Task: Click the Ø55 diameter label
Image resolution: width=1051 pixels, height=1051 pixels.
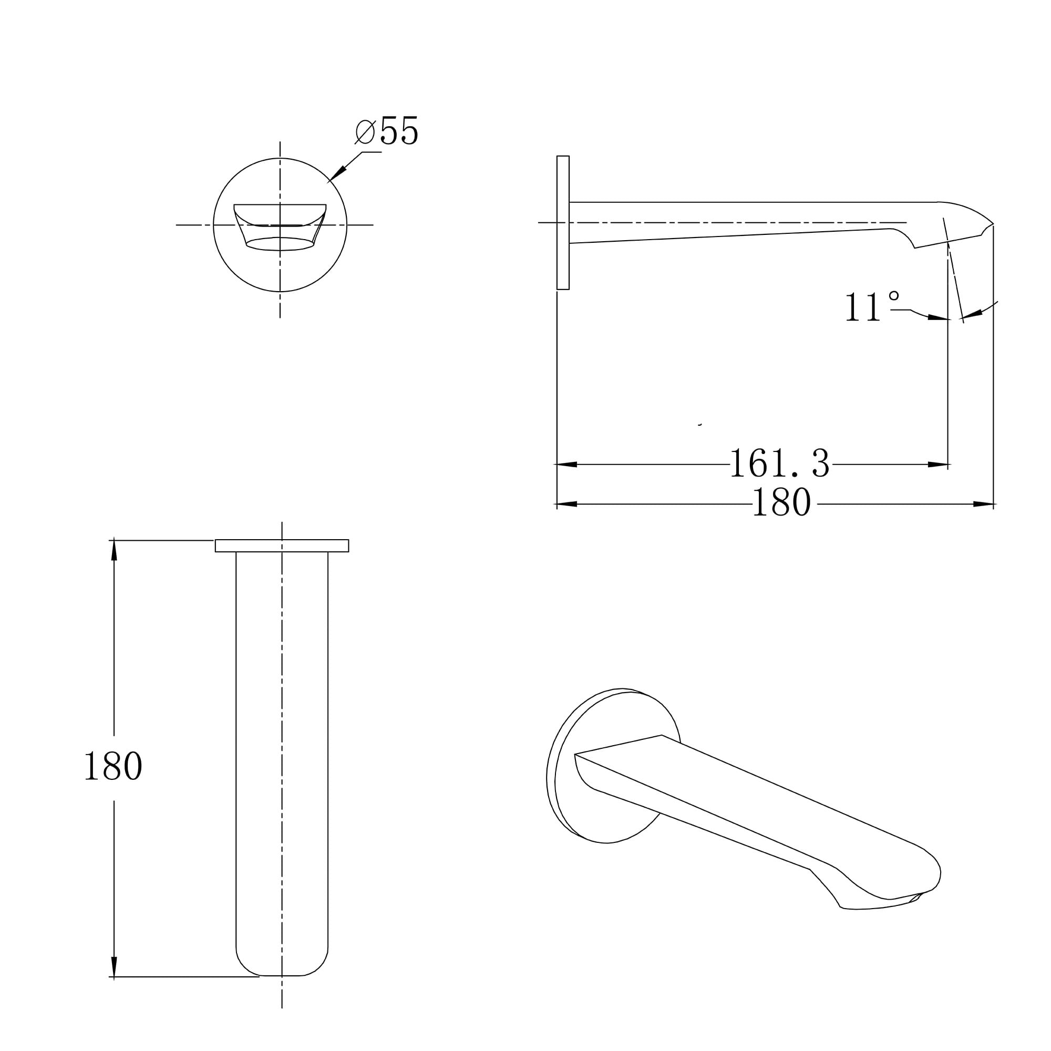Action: coord(387,130)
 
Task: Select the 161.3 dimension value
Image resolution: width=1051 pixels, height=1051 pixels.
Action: coord(780,463)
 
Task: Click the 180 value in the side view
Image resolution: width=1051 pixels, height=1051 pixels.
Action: coord(782,503)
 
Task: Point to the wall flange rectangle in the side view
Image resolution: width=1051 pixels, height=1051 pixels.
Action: coord(563,222)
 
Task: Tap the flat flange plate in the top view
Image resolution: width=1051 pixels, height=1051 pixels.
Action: coord(282,545)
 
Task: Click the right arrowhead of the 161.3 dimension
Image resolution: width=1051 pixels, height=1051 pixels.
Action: coord(938,465)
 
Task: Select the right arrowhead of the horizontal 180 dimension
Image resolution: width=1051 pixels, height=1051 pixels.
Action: coord(984,504)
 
